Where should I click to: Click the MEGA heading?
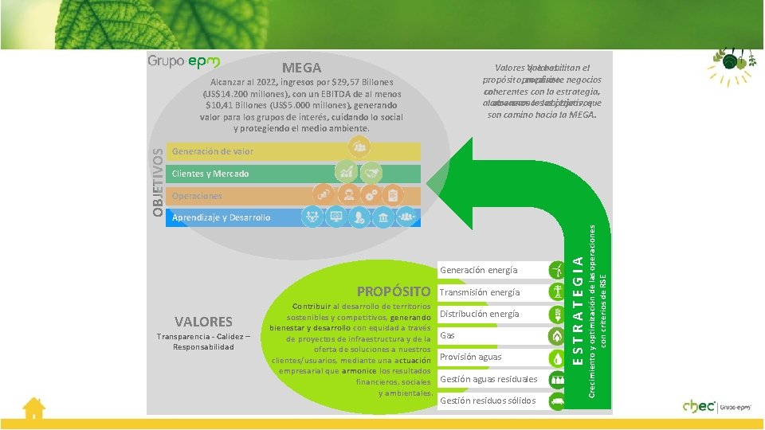[x=301, y=68]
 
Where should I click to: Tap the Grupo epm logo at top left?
[x=183, y=61]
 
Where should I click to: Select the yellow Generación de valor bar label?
[x=213, y=151]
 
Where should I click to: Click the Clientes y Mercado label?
[x=210, y=174]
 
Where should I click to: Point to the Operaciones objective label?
[x=198, y=196]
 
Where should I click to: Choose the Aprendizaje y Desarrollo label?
[x=222, y=217]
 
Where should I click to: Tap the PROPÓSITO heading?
[x=394, y=291]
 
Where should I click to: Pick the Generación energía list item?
[x=478, y=271]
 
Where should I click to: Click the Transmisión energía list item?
[x=480, y=292]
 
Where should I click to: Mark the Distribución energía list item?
[x=479, y=314]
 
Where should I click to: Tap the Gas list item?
[x=447, y=336]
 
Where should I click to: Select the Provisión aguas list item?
[x=470, y=357]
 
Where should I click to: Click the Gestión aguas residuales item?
[x=488, y=379]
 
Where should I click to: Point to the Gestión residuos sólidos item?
[x=488, y=401]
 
